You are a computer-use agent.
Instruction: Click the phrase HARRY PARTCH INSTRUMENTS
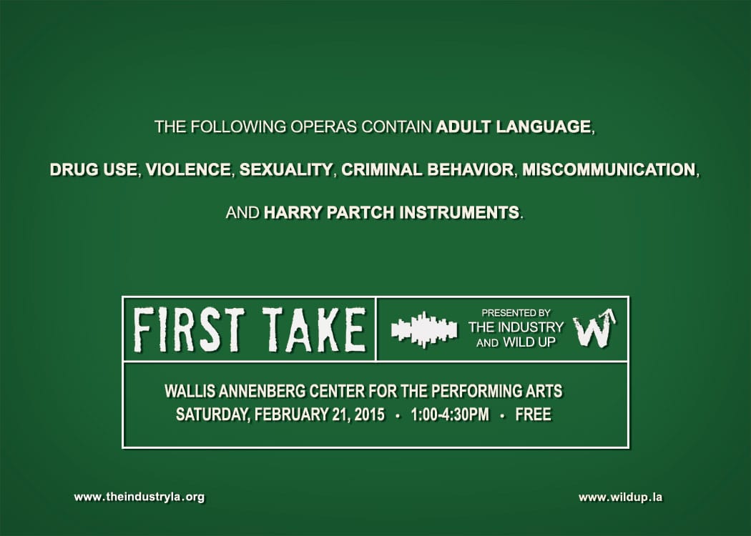pos(391,213)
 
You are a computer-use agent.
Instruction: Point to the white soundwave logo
pos(423,329)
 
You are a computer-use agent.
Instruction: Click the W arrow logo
pos(594,329)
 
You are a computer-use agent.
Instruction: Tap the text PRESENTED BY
pos(516,313)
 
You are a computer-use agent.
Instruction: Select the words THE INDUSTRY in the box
pos(516,327)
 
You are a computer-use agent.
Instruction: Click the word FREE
pos(533,415)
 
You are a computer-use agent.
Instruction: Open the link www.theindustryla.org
pos(139,497)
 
